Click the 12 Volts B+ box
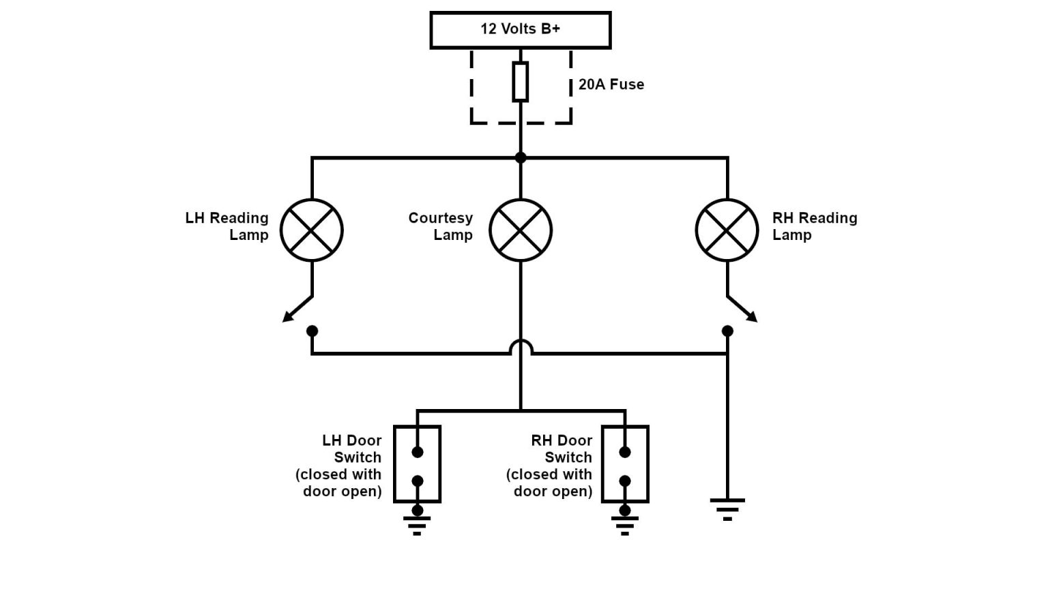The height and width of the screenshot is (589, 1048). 520,30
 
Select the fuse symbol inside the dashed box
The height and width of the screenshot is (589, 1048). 520,82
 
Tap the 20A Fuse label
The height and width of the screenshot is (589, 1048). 611,85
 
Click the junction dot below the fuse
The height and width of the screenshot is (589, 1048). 520,157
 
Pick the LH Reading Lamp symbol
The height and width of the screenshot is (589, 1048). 312,230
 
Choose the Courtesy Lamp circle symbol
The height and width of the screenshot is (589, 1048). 520,230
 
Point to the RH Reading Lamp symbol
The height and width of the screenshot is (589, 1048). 727,230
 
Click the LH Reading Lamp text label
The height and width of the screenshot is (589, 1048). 227,226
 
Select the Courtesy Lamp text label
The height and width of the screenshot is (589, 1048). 441,226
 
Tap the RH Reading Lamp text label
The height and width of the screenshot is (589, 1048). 814,226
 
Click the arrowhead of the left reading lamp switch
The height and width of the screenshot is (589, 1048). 288,317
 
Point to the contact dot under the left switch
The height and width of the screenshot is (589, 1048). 312,331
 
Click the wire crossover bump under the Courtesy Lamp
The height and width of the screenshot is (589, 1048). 521,346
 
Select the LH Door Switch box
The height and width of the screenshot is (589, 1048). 418,464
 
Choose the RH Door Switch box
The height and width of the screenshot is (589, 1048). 625,464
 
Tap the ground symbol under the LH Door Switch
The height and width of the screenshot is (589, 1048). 417,524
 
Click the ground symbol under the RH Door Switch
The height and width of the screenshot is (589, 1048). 625,524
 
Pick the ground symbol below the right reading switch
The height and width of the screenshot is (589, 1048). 727,509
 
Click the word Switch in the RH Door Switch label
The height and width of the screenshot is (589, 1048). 568,457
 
